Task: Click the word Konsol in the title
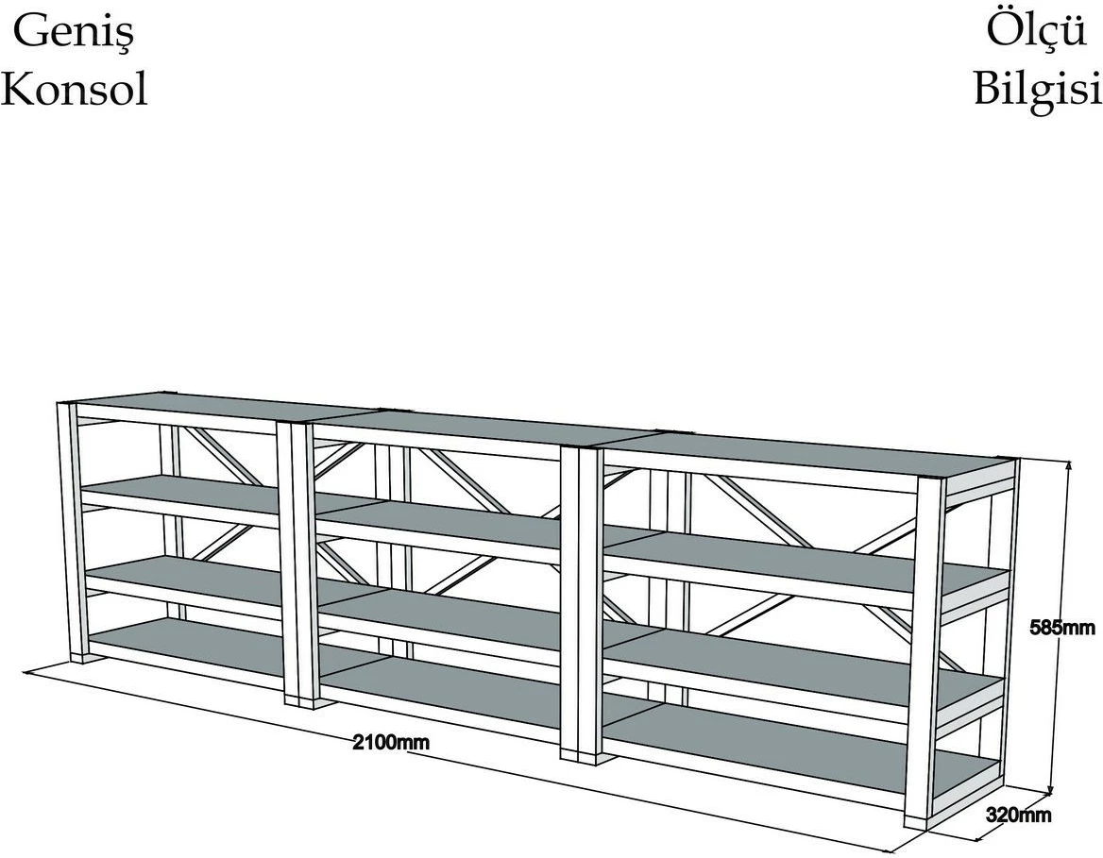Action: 75,90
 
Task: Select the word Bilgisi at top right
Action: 1038,88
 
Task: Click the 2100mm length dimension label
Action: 391,742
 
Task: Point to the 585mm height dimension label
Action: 1062,628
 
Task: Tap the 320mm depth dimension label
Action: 1019,816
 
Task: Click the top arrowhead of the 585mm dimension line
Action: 1069,465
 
